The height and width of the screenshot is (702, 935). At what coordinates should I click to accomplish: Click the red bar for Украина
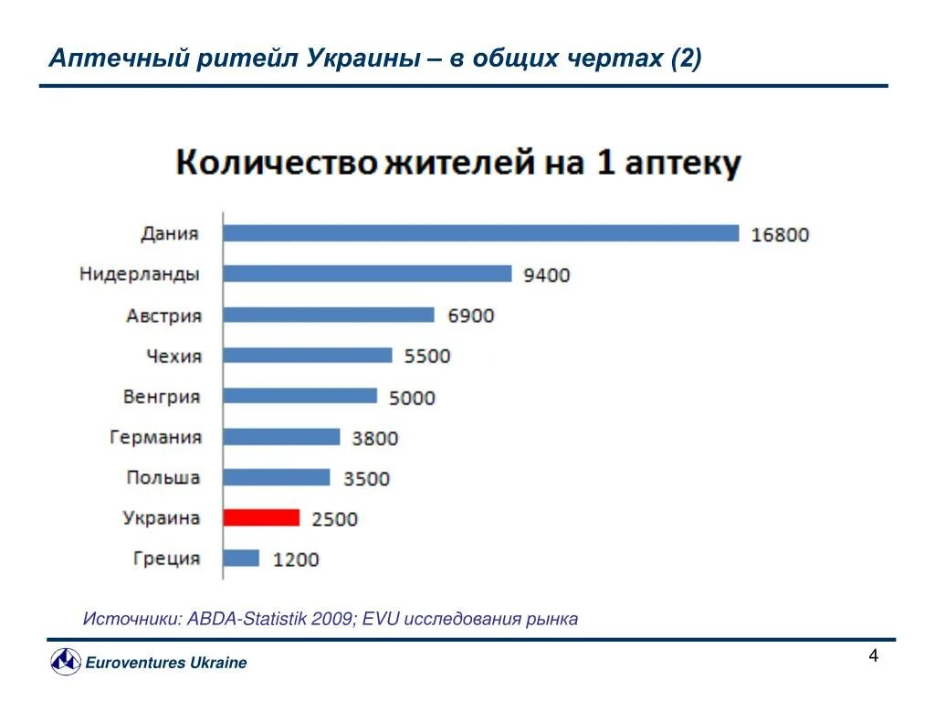[261, 517]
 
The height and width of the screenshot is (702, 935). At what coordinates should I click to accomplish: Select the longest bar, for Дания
[480, 233]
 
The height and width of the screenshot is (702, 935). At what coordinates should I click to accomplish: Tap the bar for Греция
[241, 558]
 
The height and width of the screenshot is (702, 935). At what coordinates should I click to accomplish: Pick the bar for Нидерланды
[367, 273]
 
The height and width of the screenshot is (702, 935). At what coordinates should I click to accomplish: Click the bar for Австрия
[329, 314]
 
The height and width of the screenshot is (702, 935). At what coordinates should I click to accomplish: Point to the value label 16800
[780, 235]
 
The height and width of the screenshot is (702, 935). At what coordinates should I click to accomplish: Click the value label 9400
[546, 274]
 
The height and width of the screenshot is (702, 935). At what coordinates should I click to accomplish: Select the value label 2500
[334, 519]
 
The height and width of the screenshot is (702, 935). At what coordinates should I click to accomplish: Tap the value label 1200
[296, 559]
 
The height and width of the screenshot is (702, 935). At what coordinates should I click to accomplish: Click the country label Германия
[155, 437]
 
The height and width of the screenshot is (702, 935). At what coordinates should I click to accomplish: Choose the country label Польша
[163, 477]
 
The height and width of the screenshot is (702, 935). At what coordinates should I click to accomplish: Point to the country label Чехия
[173, 356]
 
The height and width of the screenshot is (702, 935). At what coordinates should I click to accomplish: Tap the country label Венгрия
[161, 397]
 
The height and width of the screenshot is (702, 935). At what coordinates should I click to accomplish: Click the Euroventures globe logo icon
[65, 661]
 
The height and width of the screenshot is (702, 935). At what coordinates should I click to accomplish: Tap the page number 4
[873, 656]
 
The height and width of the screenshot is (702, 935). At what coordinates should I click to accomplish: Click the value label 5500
[427, 356]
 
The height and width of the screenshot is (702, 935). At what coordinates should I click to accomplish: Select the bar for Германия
[281, 437]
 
